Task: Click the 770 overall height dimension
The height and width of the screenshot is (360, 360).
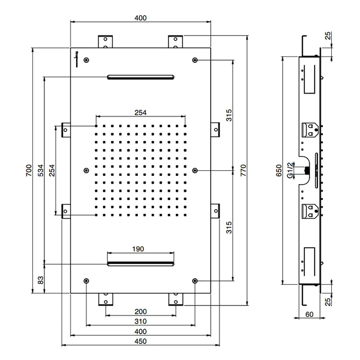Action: [x=243, y=170]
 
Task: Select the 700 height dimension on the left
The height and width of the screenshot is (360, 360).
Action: [x=29, y=170]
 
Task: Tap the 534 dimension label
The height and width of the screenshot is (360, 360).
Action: [x=41, y=170]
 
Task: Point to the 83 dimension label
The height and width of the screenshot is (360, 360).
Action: [x=41, y=280]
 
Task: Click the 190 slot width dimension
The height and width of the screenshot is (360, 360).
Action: [x=138, y=249]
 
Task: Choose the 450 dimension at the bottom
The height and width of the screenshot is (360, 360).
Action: [x=140, y=341]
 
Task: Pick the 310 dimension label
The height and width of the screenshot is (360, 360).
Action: [x=140, y=321]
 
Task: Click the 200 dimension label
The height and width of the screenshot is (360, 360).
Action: [x=140, y=312]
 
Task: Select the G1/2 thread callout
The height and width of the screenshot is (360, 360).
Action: [x=290, y=170]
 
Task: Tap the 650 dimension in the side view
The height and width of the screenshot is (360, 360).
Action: [x=279, y=170]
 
